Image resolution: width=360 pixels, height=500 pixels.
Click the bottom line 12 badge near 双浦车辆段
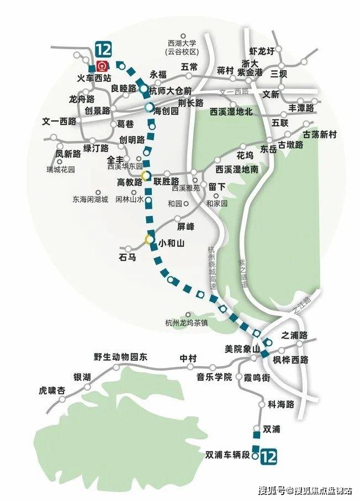click(268, 456)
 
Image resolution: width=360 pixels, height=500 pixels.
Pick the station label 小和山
click(171, 241)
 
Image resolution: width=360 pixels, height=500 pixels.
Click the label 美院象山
click(239, 348)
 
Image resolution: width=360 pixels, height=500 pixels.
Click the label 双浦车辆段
click(228, 455)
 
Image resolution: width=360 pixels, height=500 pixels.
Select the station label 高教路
click(129, 182)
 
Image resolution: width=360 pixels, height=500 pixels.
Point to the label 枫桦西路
click(290, 360)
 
